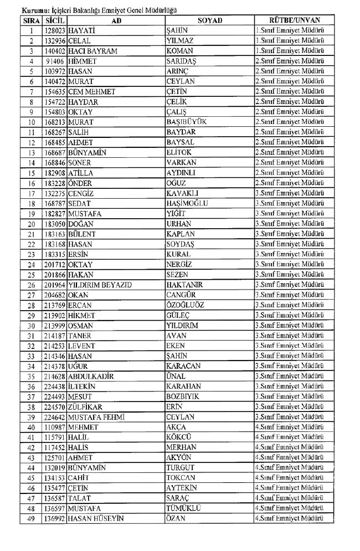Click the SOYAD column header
pos(209,20)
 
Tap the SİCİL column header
pos(55,20)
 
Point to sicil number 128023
pos(56,30)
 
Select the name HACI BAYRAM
pos(92,51)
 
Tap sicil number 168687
pos(56,152)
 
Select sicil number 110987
pos(56,427)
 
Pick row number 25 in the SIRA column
pos(32,275)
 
